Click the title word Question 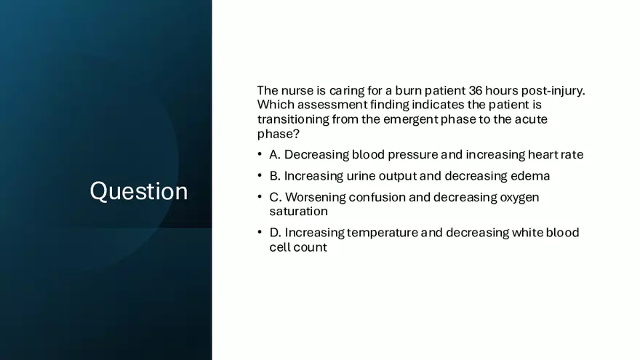click(x=138, y=191)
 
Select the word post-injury click(x=553, y=91)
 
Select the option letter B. click(x=274, y=176)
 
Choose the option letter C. click(x=274, y=197)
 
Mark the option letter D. click(x=274, y=233)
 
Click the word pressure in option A click(x=415, y=155)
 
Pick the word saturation click(x=298, y=212)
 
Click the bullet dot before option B click(x=260, y=176)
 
